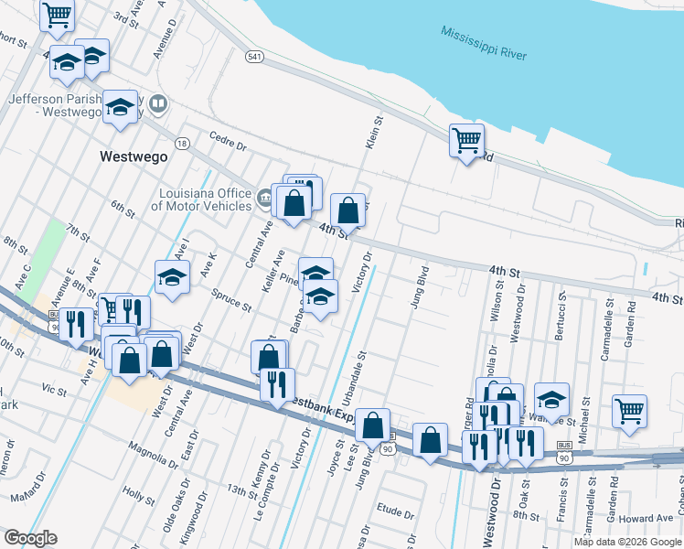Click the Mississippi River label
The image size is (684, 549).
coord(483,42)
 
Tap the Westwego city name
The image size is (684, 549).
coord(134,156)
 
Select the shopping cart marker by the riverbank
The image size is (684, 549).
coord(466,142)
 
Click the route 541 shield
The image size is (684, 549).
coord(255,57)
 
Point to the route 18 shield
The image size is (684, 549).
coord(183,144)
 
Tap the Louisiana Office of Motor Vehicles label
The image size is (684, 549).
coord(205,199)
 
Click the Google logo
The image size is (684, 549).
coord(29,538)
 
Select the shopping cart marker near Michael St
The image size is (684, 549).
coord(629,412)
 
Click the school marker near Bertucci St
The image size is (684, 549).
coord(551,400)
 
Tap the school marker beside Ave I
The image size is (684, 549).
coord(172,277)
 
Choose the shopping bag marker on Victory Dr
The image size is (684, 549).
coord(347,211)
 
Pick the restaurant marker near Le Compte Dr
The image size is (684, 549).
coord(277,384)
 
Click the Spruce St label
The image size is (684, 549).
coord(230,301)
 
